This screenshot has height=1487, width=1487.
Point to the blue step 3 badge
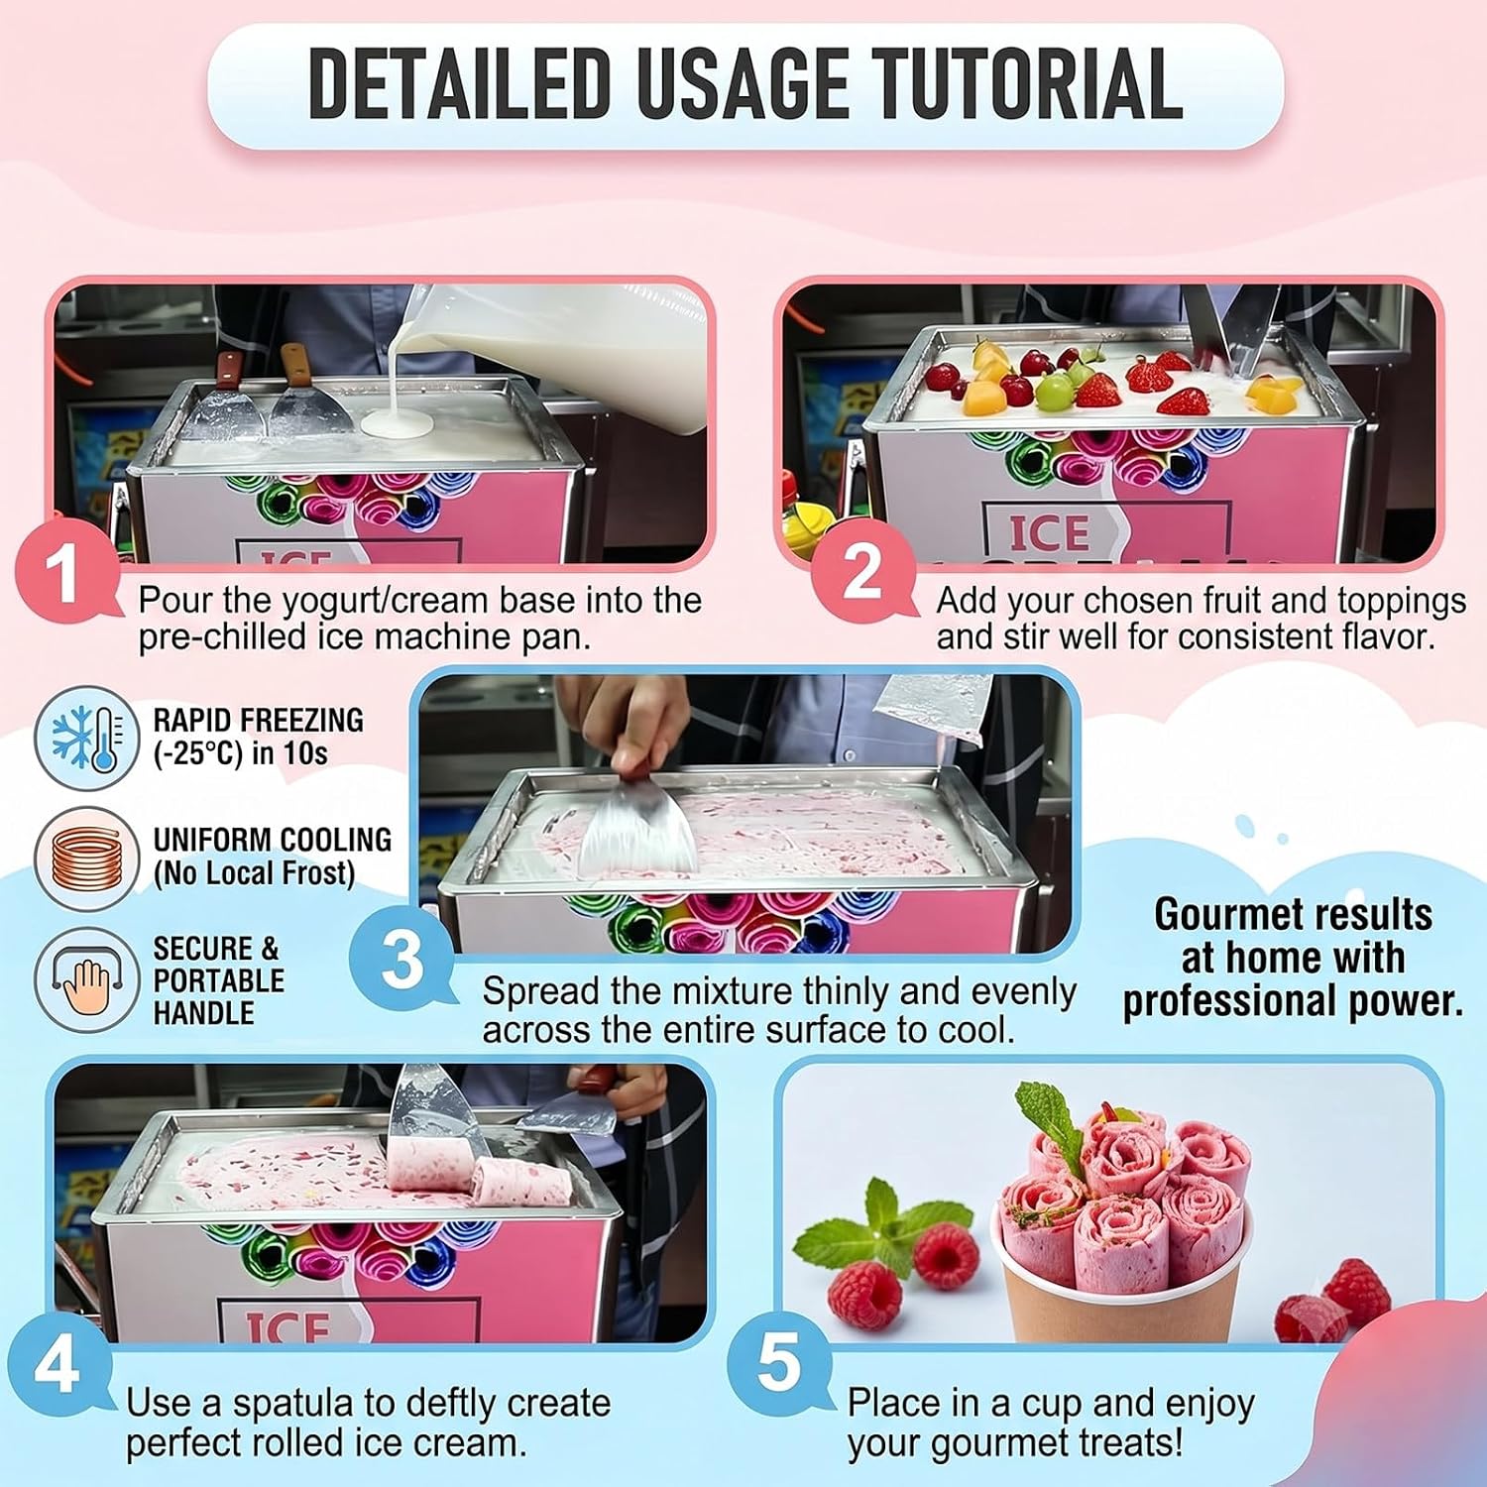coord(402,960)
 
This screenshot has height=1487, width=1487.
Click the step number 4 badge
coord(57,1367)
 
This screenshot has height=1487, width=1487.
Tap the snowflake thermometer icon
coord(87,738)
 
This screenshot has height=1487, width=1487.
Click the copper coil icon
coord(87,858)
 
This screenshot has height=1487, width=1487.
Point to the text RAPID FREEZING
coord(258,720)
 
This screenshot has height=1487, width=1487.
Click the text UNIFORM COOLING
coord(272,839)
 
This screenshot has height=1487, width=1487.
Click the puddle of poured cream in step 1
coord(396,426)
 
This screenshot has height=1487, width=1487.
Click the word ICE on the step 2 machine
coord(1050,532)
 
